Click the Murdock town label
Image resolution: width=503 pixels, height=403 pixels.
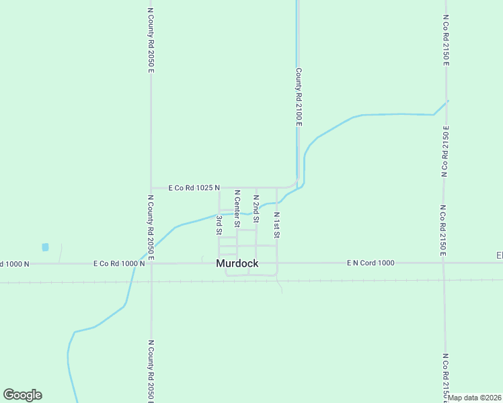point(237,264)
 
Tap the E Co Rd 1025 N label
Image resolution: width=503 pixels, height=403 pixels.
point(194,187)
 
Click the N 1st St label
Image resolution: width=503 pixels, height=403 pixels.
point(276,225)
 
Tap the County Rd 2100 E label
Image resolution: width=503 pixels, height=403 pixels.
point(298,97)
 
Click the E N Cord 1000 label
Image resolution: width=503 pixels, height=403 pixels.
point(371,263)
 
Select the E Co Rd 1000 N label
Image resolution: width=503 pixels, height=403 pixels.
point(119,263)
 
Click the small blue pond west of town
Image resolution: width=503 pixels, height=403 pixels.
point(45,247)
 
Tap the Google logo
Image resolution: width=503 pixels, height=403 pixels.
point(22,395)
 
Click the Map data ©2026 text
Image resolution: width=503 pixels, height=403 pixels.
point(475,398)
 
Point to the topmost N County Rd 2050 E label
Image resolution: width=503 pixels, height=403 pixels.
point(151,40)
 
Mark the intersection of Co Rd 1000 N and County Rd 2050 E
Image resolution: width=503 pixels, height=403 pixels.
point(151,263)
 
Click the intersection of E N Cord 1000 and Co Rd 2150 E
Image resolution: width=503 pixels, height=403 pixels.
point(444,263)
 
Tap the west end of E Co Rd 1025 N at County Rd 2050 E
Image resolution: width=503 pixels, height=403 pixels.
point(151,187)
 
